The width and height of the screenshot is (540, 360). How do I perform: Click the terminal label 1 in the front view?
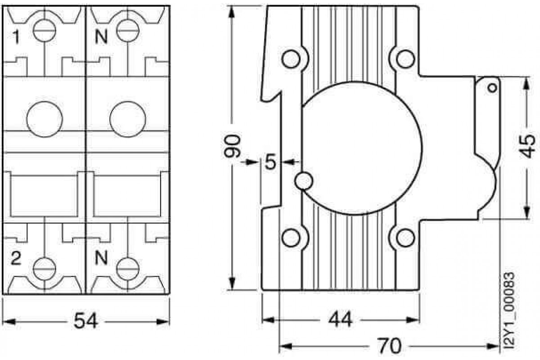pos(16,38)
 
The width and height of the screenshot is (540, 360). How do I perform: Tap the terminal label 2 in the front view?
pos(16,258)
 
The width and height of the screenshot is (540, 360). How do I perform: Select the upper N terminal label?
pos(101,37)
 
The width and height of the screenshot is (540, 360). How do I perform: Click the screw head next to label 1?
pos(45,31)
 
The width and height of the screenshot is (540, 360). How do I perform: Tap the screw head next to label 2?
pos(45,269)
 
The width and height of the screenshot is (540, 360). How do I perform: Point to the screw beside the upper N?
pos(128,31)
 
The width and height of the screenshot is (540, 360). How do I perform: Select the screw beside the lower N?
pos(128,269)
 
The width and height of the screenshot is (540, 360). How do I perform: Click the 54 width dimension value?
pos(86,321)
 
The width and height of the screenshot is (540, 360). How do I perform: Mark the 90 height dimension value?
pos(232,146)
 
